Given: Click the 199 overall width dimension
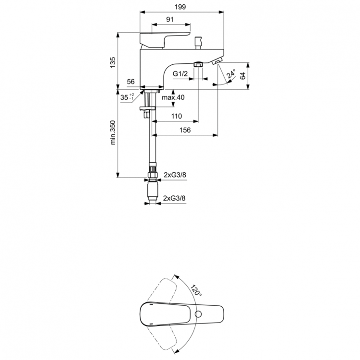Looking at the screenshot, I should pos(180,6).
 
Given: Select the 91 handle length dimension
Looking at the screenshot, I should pos(170,19).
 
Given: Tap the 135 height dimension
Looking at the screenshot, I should pos(113,62).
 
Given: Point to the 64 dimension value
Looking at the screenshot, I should pos(242,75).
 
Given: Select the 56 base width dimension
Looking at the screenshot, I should pos(131,82).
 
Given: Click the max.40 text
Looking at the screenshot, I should pos(173,98).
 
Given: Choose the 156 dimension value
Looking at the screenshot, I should pos(185,130).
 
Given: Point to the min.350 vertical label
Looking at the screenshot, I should pos(114,133).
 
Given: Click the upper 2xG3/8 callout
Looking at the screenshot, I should pos(175,175).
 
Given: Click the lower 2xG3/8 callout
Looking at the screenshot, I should pos(175,197).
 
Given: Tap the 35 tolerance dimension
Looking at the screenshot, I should pos(127,97).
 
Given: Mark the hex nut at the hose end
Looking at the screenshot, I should pos(152,181).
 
